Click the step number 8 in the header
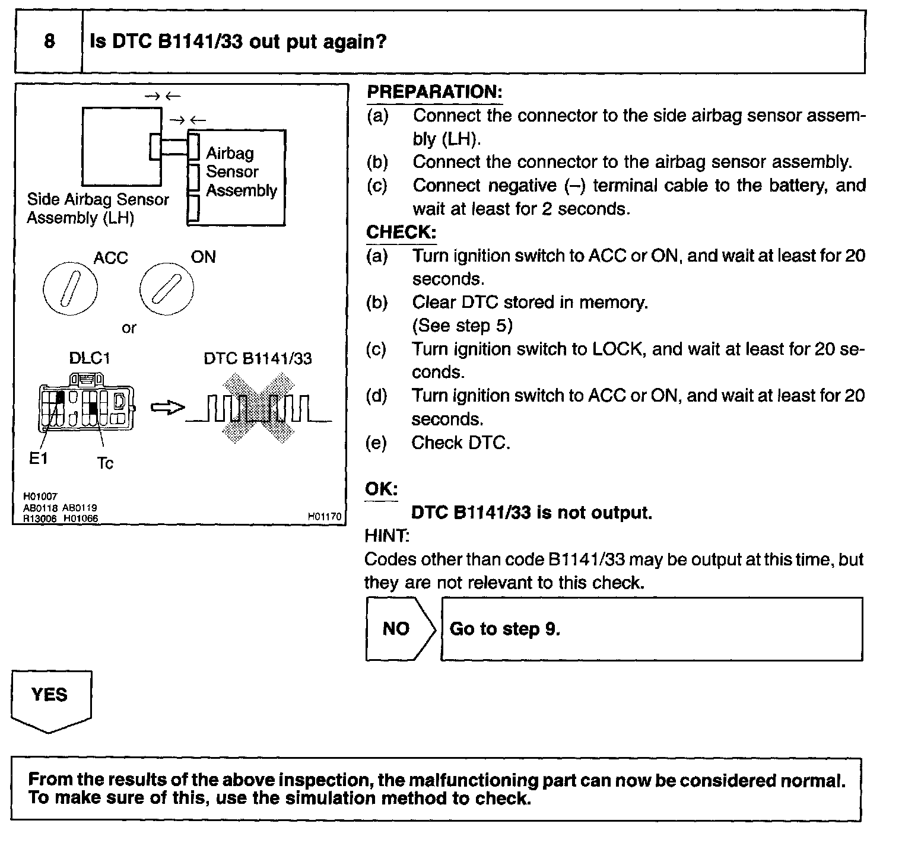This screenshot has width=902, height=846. point(49,41)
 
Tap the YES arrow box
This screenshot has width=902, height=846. point(51,699)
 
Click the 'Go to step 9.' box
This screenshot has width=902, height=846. point(651,629)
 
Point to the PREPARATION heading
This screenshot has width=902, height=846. point(434,92)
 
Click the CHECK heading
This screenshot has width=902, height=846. point(401,232)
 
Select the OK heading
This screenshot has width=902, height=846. point(381,489)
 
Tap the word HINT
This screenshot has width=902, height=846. point(386,536)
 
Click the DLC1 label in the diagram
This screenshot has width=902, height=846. point(90,358)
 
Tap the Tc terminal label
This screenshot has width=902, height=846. point(104,463)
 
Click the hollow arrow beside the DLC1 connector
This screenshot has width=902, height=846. point(168,408)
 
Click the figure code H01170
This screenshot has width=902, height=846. point(325,517)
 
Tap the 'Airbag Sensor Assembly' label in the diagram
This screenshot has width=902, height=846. point(241,171)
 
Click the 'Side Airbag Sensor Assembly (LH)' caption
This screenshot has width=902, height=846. point(97,208)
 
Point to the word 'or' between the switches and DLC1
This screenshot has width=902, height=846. point(129,328)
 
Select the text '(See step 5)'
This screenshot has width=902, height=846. point(462,326)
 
